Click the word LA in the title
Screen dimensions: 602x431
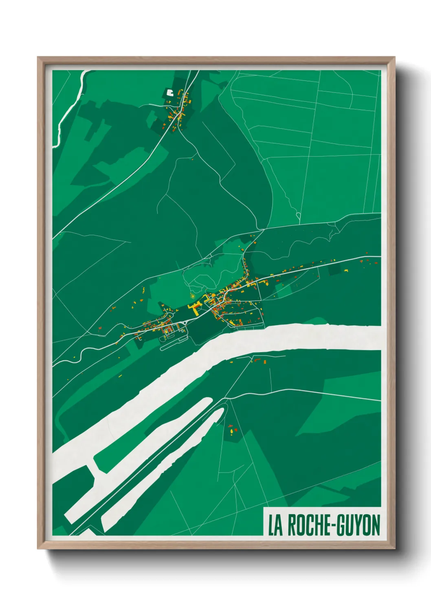tap(275, 525)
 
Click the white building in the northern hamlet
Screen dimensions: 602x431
tap(169, 92)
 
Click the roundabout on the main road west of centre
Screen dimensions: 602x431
tap(186, 322)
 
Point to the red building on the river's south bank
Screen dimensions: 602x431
tap(257, 360)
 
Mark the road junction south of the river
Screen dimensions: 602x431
tap(227, 398)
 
